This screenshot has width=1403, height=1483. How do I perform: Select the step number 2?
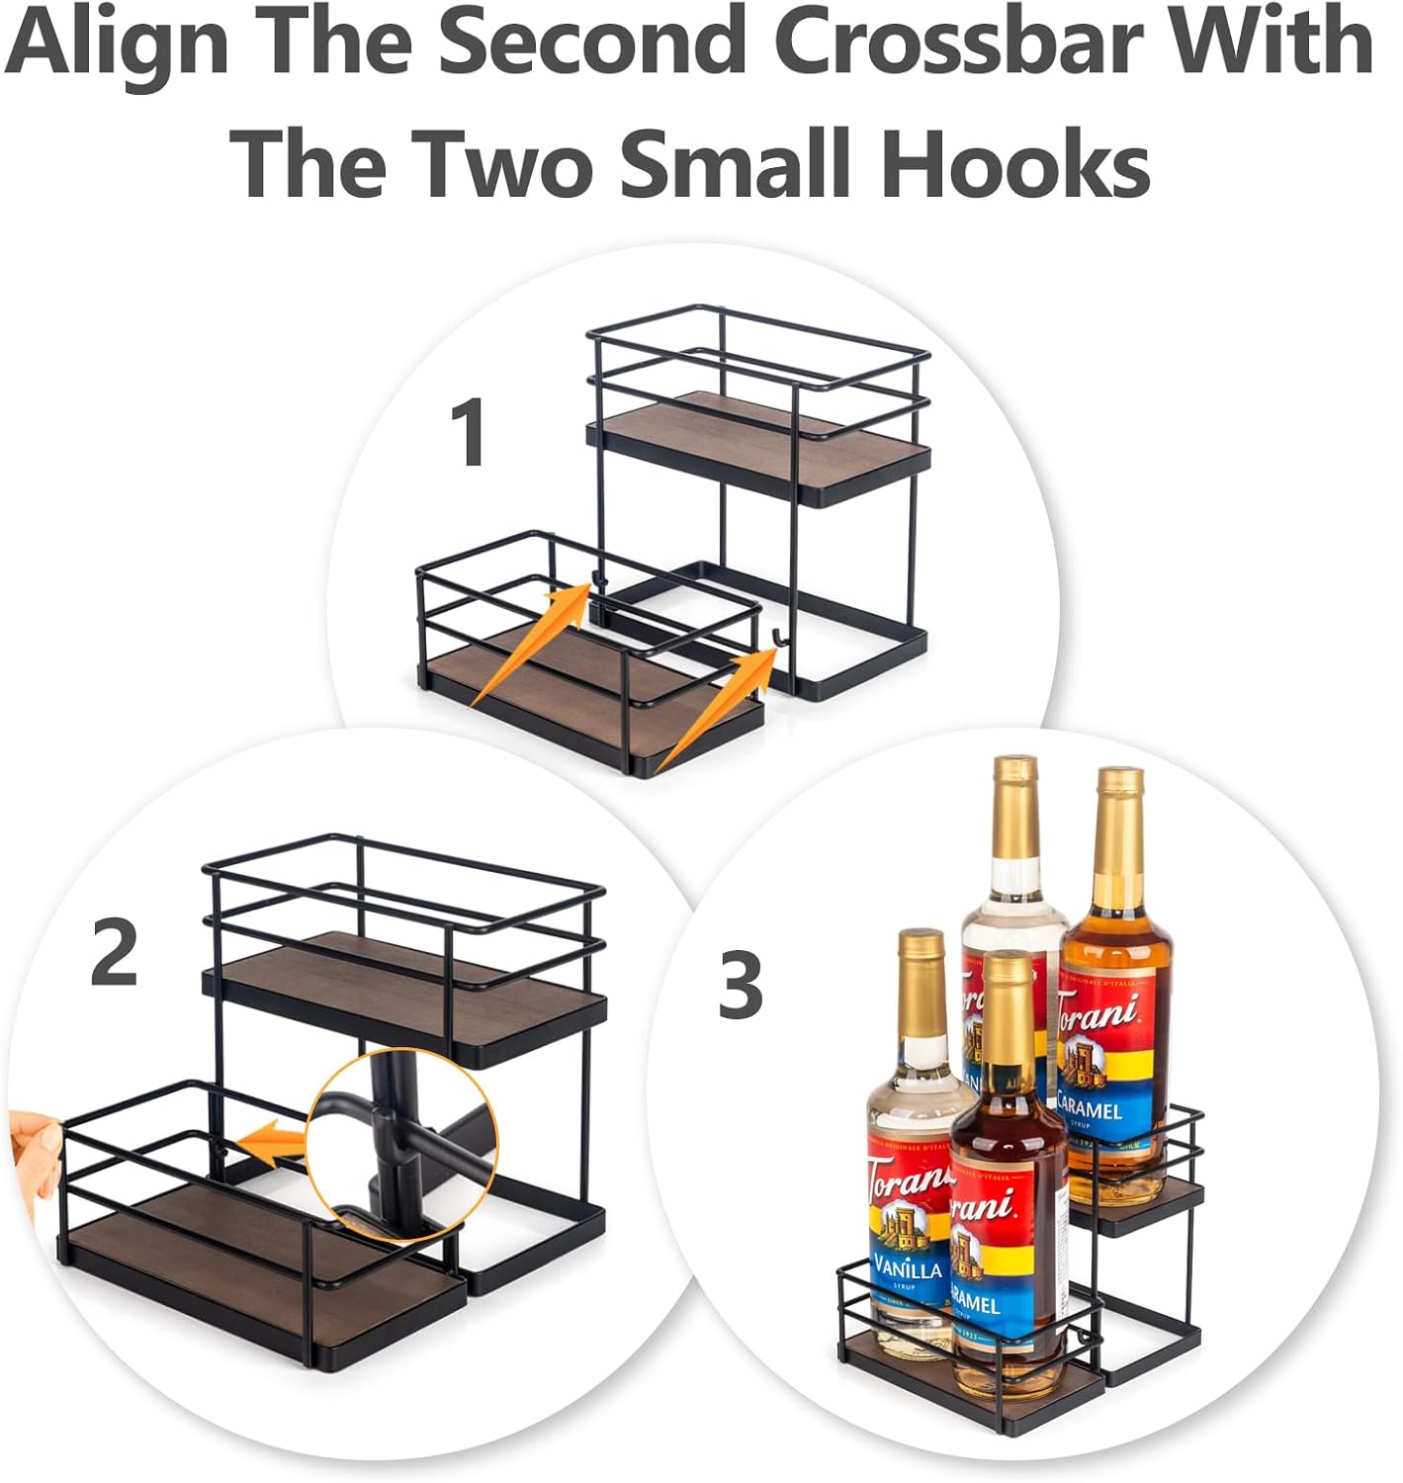[x=115, y=951]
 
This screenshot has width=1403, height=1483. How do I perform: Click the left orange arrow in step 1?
[x=532, y=643]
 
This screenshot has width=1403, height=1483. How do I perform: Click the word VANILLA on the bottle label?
[x=907, y=1265]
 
